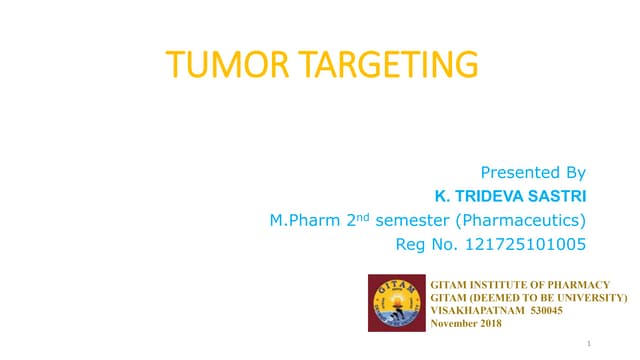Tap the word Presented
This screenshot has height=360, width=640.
[x=517, y=172]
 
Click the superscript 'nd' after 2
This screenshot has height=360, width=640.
[x=367, y=214]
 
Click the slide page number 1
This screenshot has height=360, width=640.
[x=591, y=343]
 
